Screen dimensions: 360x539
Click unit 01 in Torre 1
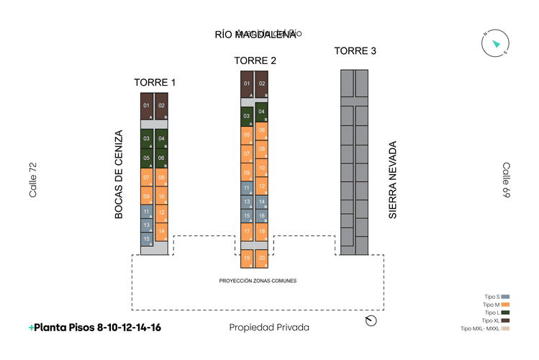click(x=146, y=107)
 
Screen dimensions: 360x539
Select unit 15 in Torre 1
click(x=146, y=238)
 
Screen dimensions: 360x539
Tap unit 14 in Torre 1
click(x=162, y=232)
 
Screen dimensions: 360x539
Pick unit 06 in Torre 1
click(x=162, y=158)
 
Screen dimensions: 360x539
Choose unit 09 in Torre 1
click(x=146, y=197)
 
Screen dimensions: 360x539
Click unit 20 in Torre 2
click(x=262, y=258)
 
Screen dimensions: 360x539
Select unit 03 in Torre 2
click(x=247, y=116)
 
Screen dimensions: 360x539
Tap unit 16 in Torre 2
click(x=262, y=216)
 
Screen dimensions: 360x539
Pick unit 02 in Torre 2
click(x=262, y=84)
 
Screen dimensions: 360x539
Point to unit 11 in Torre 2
click(x=247, y=188)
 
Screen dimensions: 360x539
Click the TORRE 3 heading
click(x=355, y=50)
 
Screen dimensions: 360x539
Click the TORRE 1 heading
click(x=155, y=82)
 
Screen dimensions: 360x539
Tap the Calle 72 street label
click(x=32, y=180)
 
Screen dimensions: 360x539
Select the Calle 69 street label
click(x=506, y=180)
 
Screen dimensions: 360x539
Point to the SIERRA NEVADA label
click(x=393, y=180)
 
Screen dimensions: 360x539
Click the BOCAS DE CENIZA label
click(x=119, y=174)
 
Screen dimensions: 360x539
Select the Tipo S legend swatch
click(x=505, y=297)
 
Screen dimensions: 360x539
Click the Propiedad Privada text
click(x=268, y=328)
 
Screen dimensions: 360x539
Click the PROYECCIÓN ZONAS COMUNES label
click(x=258, y=280)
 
